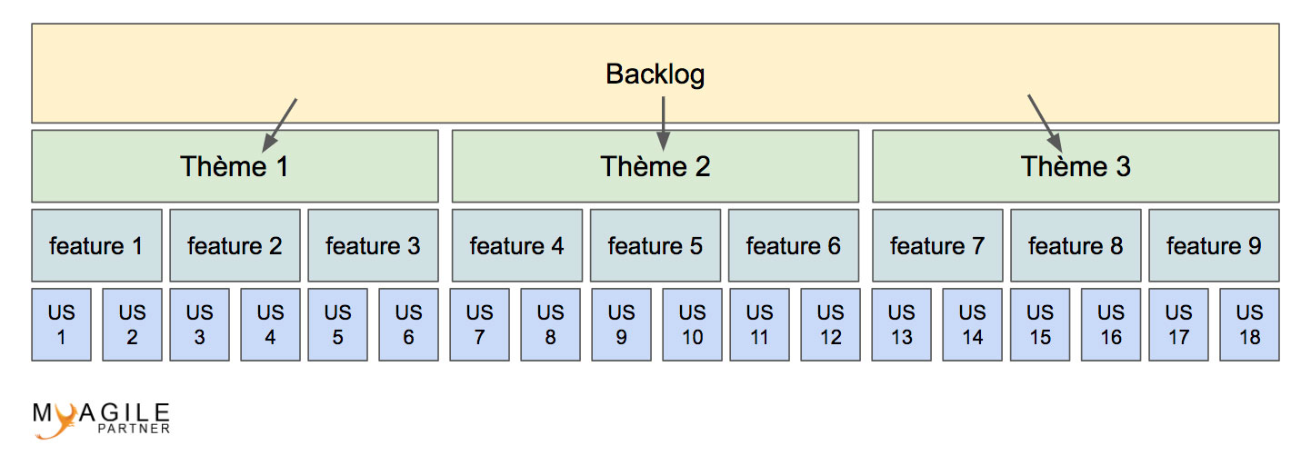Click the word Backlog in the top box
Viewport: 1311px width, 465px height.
[655, 74]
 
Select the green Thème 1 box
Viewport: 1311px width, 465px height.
[235, 166]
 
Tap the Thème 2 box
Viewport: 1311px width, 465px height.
[655, 166]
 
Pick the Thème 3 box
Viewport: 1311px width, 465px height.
[1076, 166]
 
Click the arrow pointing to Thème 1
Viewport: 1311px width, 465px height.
[280, 124]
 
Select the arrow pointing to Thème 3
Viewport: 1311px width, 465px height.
[1045, 122]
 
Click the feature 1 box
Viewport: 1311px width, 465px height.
[96, 245]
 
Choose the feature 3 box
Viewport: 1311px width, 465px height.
[373, 245]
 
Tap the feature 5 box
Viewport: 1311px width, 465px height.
[655, 245]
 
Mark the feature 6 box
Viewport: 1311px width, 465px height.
[793, 245]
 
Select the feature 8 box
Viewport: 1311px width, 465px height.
[1076, 245]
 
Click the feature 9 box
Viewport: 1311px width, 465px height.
[1214, 245]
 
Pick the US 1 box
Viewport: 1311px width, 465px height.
[62, 324]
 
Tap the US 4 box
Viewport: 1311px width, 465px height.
[270, 324]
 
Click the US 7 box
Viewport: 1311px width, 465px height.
[480, 324]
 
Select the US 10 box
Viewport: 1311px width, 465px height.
[692, 324]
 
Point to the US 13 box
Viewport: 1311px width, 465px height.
[901, 324]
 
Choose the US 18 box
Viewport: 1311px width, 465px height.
[1249, 324]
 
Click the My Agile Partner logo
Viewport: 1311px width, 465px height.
[101, 420]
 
